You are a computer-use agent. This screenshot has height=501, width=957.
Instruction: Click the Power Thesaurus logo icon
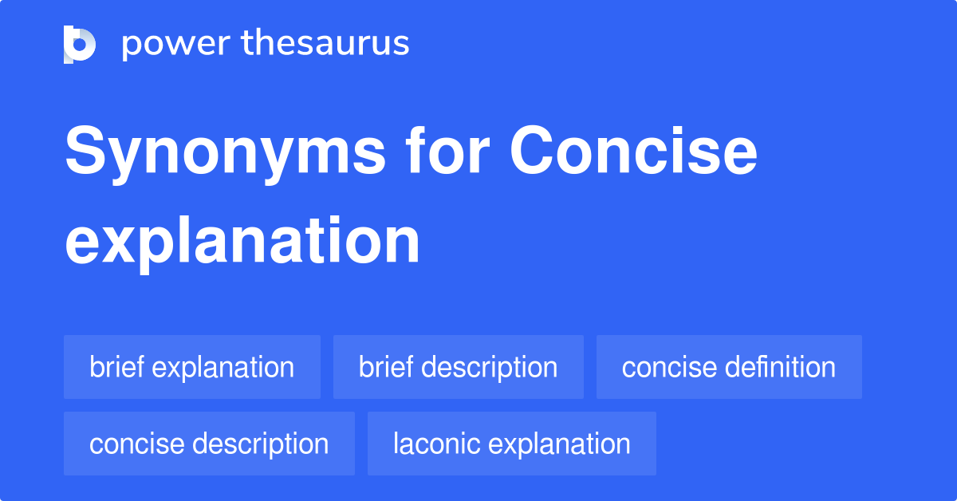pyautogui.click(x=80, y=44)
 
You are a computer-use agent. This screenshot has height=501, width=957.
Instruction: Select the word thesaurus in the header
pyautogui.click(x=325, y=44)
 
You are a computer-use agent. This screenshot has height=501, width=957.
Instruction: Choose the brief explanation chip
pyautogui.click(x=191, y=367)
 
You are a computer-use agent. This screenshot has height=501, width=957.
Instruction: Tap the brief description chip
pyautogui.click(x=458, y=367)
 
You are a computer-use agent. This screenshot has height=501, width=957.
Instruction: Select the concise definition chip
pyautogui.click(x=729, y=367)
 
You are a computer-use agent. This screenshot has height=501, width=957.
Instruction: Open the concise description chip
pyautogui.click(x=209, y=444)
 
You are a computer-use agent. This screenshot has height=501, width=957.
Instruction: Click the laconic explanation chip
pyautogui.click(x=511, y=444)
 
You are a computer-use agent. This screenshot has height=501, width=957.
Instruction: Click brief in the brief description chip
pyautogui.click(x=386, y=367)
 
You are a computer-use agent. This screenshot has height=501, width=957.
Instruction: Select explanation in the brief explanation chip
pyautogui.click(x=223, y=368)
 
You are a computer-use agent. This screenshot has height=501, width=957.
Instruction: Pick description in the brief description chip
pyautogui.click(x=489, y=368)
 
